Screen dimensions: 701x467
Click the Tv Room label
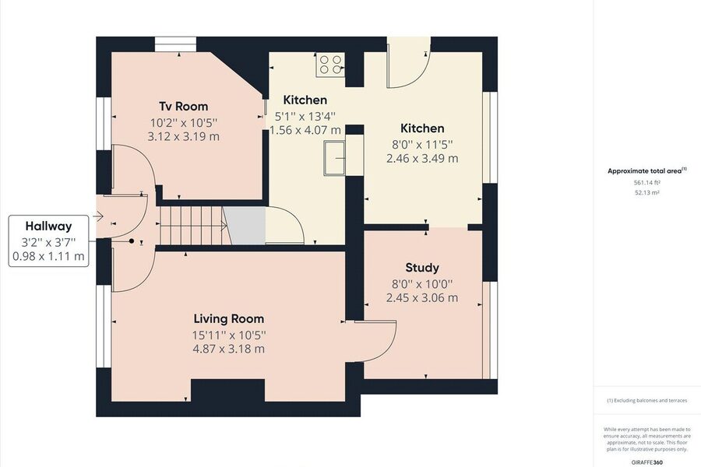point(183,107)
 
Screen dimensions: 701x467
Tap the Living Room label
point(228,318)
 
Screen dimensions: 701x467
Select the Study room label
point(422,268)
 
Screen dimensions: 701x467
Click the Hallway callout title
point(48,226)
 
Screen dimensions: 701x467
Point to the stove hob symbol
point(330,65)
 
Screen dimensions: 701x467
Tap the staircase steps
point(193,225)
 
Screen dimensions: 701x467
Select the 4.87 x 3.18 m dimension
point(228,349)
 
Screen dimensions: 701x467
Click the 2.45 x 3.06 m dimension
point(422,297)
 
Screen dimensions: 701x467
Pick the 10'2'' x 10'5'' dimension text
point(183,122)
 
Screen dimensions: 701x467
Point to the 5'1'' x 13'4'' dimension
point(305,117)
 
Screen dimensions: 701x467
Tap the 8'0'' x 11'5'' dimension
point(422,144)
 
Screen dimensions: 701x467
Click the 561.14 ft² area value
point(647,182)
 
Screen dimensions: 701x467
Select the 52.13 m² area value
point(647,192)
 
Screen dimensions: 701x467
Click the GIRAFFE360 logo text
point(647,462)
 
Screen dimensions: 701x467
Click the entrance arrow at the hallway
point(98,216)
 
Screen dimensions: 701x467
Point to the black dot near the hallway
point(132,241)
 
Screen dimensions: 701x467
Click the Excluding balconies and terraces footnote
point(647,400)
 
